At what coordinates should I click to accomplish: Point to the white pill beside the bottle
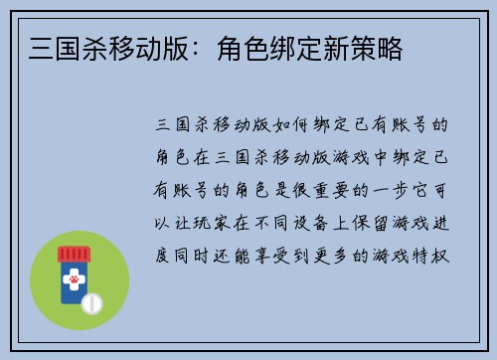tap(92, 301)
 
